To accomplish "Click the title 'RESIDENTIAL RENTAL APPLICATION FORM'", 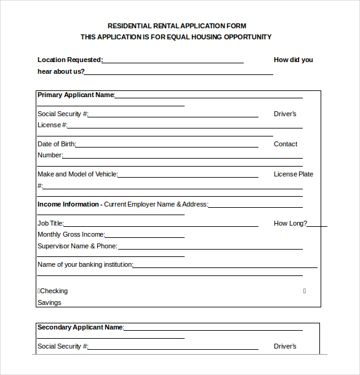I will tap(177, 26).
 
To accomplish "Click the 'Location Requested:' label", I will tap(70, 60).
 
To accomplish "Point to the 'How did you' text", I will tap(293, 60).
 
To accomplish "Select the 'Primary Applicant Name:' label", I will tap(76, 95).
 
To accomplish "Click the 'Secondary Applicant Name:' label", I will tap(81, 327).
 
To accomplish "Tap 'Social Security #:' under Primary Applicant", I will tap(63, 114).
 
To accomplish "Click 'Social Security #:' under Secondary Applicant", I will tap(63, 346).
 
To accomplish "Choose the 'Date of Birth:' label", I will tap(57, 144).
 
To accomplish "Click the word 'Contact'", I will tap(286, 144).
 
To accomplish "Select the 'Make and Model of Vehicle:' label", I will tap(78, 174).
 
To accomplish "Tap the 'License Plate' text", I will tap(294, 174).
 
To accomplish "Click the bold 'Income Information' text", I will tap(68, 204).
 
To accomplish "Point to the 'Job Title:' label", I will tap(50, 223).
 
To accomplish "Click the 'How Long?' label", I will tap(290, 223).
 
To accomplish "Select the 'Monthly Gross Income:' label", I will tap(71, 234).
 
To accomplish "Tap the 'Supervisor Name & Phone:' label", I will tap(78, 246).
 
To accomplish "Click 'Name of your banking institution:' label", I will tap(86, 264).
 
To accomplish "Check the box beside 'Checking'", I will tap(39, 291).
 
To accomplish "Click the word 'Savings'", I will tap(49, 302).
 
